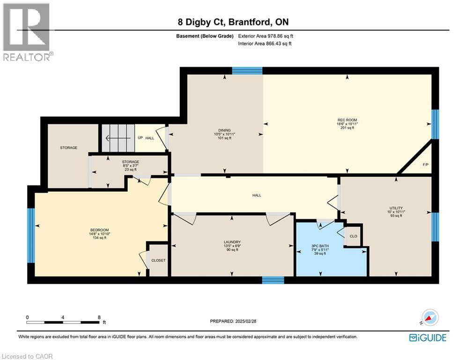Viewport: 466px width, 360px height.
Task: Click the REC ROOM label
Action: pos(347,120)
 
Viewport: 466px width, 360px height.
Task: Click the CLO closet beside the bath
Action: pos(353,236)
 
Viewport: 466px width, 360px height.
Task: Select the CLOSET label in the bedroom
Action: pos(158,260)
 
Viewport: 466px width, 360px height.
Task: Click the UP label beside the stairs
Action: pos(140,138)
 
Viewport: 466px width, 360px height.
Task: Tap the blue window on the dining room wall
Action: pos(247,71)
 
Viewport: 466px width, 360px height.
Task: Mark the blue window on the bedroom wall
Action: pos(31,235)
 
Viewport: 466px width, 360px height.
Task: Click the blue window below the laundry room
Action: pos(273,280)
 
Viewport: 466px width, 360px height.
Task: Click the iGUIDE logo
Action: pos(427,337)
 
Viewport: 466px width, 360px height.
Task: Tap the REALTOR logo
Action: pos(27,32)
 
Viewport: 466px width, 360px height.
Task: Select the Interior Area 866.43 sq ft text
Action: pos(266,43)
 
